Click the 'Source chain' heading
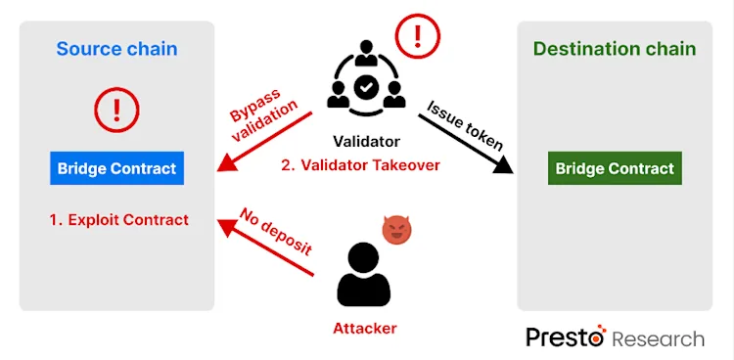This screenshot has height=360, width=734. [116, 49]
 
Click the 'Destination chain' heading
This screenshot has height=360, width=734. [614, 49]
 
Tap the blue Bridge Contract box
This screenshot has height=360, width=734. [116, 168]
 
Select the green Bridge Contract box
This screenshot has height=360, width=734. [615, 168]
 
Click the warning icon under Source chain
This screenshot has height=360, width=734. [116, 109]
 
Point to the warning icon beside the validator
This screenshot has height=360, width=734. [419, 36]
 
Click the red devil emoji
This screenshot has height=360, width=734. [396, 231]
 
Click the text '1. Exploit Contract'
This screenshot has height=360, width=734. [118, 219]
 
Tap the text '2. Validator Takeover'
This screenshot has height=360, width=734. [360, 165]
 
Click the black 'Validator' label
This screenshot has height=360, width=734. [366, 141]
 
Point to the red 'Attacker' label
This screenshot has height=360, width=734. [365, 328]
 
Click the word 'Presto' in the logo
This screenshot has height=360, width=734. [565, 338]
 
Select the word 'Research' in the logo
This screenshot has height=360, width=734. [658, 339]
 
